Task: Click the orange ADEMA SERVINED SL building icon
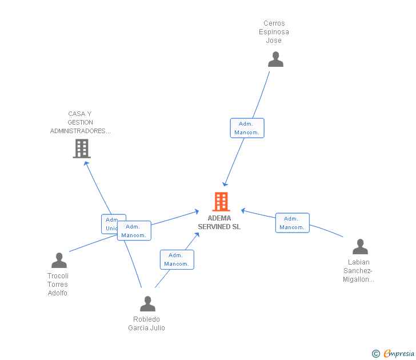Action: (x=221, y=202)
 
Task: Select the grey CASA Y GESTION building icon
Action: (x=82, y=149)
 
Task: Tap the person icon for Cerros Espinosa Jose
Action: (x=275, y=59)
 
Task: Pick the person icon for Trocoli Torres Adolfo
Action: (x=59, y=261)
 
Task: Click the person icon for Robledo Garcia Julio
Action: (x=147, y=304)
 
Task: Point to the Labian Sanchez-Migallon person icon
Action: (x=360, y=247)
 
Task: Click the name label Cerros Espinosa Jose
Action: (x=274, y=32)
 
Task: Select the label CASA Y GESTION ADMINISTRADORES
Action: (x=80, y=122)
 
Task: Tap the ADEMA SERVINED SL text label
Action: (x=219, y=222)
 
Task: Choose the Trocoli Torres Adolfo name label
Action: (x=58, y=284)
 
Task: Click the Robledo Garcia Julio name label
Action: (x=146, y=323)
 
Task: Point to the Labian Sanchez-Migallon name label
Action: (x=358, y=271)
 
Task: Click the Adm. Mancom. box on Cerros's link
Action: (x=247, y=128)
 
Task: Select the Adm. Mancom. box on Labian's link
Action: (x=292, y=223)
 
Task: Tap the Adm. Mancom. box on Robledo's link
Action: (x=177, y=259)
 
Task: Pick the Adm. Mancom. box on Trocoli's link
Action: (x=134, y=231)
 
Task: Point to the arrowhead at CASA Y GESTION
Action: (x=86, y=163)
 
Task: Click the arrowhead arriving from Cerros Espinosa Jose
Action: (x=226, y=183)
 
